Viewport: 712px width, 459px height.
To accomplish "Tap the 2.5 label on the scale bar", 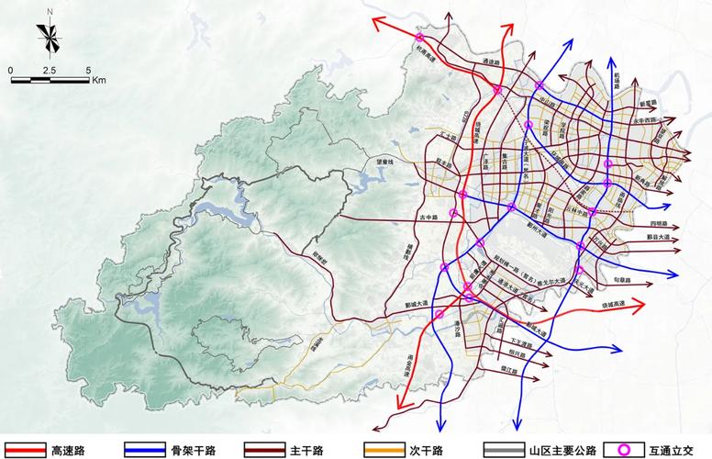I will tap(49, 70).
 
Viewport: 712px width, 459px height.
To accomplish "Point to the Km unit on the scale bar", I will tap(98, 80).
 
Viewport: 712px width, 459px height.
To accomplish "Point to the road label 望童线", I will tap(384, 162).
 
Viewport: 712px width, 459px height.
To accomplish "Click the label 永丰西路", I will tap(645, 119).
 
